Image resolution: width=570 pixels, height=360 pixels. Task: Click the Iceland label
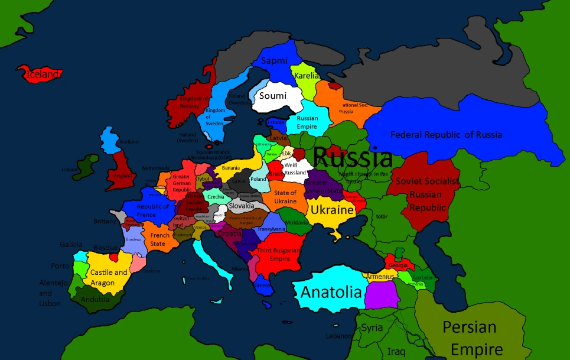tap(42, 74)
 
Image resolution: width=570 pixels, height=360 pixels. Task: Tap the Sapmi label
tap(274, 60)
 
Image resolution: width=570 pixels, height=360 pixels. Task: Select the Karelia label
tap(307, 76)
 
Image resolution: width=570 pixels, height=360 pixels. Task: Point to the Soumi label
tap(272, 96)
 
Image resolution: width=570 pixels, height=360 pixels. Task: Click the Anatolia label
tap(331, 292)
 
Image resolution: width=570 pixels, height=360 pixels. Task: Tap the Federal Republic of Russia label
tap(446, 135)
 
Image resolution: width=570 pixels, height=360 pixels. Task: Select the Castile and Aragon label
tap(109, 278)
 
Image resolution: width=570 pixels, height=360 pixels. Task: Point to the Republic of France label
tap(153, 210)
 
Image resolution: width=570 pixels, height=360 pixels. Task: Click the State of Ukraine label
tap(285, 197)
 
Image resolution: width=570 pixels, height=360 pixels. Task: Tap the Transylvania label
tap(272, 229)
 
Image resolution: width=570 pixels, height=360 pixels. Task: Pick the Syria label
tap(372, 327)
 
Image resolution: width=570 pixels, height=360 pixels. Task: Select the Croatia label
tap(229, 233)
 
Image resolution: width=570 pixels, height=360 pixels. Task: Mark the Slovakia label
tap(242, 206)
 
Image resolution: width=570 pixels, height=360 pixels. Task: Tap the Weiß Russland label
tap(295, 168)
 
